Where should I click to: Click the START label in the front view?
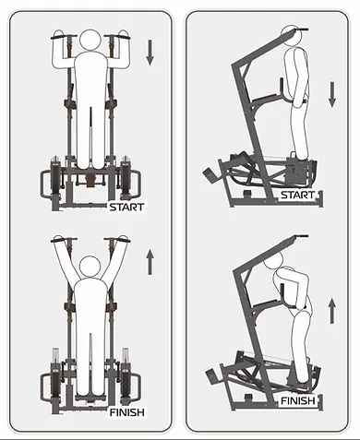point(126,207)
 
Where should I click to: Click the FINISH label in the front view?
point(127,412)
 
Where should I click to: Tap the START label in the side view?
point(297,195)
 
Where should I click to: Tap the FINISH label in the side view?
point(298,400)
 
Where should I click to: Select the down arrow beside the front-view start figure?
point(150,53)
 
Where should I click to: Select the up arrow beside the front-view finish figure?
point(150,262)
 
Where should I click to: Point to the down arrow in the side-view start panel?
point(332,95)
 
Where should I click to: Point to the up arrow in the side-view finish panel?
point(332,311)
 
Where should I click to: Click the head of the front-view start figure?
point(90,41)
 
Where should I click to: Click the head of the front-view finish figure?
point(90,267)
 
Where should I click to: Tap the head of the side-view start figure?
point(290,36)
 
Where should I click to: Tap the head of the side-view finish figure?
point(273,260)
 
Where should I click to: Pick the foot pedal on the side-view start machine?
point(210,175)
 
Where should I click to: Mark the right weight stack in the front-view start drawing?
point(126,177)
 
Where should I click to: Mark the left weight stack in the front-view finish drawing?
point(55,375)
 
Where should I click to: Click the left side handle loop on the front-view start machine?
point(45,184)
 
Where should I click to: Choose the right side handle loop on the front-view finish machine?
point(136,388)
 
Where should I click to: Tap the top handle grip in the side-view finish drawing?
point(302,236)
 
